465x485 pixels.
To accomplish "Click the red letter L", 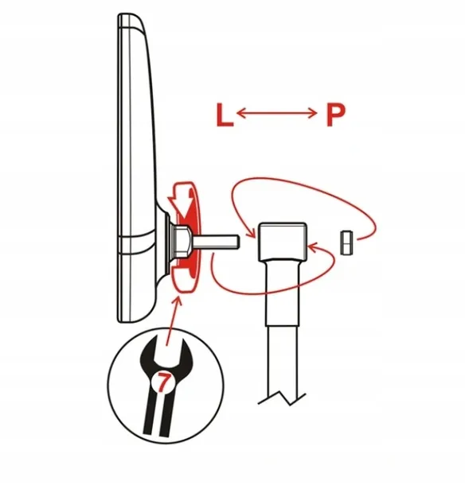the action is [x=225, y=115].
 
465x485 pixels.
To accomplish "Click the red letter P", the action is [x=335, y=115].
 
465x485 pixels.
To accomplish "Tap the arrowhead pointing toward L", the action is [x=241, y=114].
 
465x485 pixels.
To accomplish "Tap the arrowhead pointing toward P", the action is [x=312, y=114].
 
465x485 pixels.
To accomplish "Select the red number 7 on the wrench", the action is [x=163, y=382].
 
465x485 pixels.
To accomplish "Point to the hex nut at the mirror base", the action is [x=182, y=241].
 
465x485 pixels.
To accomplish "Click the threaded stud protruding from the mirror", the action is [x=216, y=242].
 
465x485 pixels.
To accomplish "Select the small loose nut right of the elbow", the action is [x=346, y=242].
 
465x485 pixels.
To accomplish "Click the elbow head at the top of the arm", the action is [x=283, y=241].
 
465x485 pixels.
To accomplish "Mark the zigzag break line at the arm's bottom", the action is [x=282, y=398].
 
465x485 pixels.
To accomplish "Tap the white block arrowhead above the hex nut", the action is [x=180, y=206].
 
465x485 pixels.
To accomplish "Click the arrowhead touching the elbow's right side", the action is [x=313, y=247].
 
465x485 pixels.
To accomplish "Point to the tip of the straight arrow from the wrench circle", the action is [x=178, y=297].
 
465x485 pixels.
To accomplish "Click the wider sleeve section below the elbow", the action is [x=283, y=293].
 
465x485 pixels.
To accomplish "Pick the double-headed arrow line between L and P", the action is [x=276, y=114].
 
